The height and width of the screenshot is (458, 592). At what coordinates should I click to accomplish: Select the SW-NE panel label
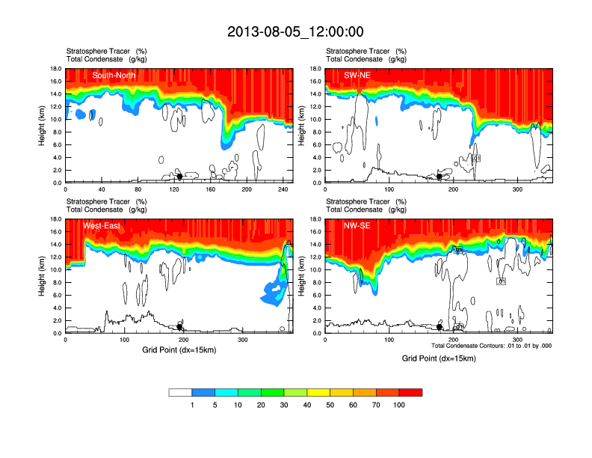(x=357, y=75)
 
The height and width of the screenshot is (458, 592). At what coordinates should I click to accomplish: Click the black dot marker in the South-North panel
(x=179, y=177)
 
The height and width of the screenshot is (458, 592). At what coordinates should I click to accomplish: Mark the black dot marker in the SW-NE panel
(x=440, y=177)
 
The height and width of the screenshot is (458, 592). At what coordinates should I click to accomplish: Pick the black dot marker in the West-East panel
(x=179, y=327)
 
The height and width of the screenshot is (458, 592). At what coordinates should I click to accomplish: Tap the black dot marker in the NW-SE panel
(x=440, y=327)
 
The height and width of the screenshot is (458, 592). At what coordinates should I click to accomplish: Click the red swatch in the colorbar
(x=411, y=392)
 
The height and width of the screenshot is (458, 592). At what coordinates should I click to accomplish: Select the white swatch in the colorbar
(x=180, y=392)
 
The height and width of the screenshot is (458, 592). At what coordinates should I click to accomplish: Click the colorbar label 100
(x=400, y=405)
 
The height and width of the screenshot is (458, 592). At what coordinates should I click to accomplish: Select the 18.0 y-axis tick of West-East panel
(x=56, y=219)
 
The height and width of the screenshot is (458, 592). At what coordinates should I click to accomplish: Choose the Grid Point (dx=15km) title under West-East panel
(x=179, y=349)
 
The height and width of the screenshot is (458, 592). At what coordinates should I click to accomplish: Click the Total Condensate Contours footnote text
(x=491, y=346)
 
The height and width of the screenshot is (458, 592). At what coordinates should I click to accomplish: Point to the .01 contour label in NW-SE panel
(x=502, y=281)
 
